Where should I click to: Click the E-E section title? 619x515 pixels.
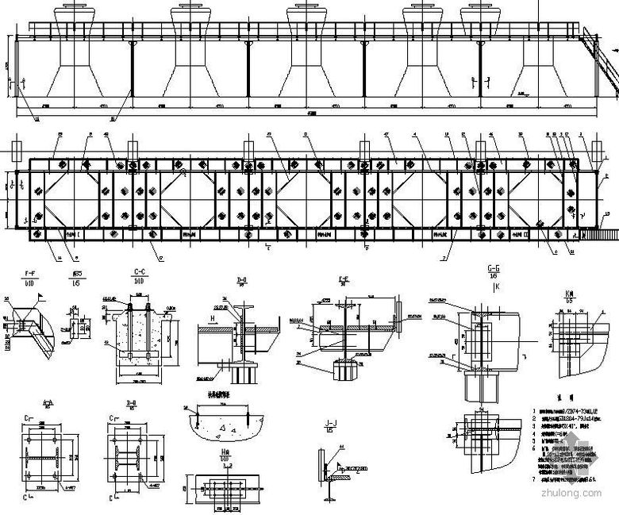(x=343, y=279)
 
